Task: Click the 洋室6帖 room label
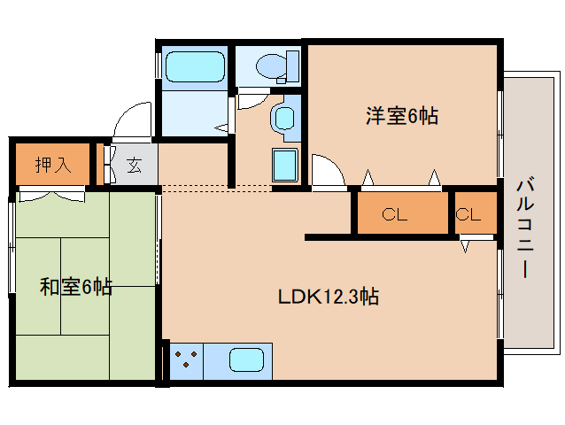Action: [x=402, y=116]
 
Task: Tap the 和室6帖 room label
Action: [x=75, y=287]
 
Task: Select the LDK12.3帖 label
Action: [x=329, y=297]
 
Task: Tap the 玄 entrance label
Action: [x=134, y=165]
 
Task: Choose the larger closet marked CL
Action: [x=401, y=214]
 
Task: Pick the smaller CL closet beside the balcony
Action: [x=469, y=214]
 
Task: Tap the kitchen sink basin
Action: [x=247, y=360]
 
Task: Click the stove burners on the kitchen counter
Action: [x=186, y=360]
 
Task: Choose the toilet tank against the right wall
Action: [x=292, y=66]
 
